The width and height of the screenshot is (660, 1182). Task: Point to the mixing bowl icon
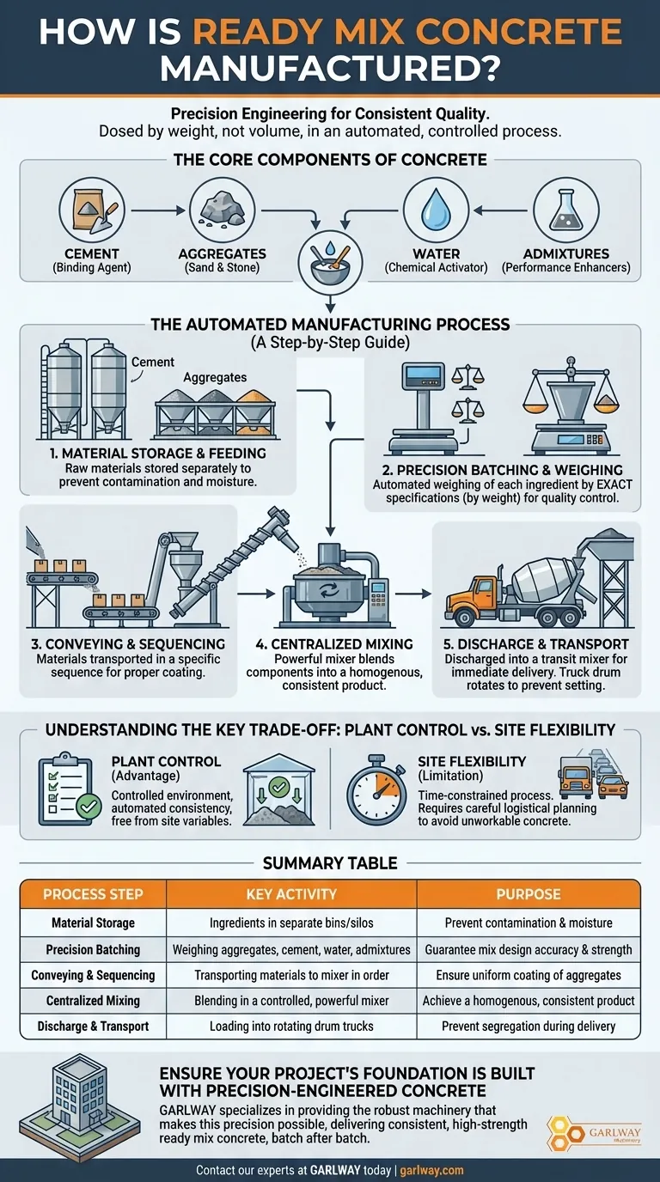click(x=329, y=257)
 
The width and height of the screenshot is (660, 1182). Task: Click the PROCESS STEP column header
click(x=93, y=894)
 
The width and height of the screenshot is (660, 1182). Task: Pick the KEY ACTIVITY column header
click(x=290, y=894)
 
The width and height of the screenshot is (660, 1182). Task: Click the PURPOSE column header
click(x=529, y=894)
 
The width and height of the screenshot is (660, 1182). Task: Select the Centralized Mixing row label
click(x=93, y=1001)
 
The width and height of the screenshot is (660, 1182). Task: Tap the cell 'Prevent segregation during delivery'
click(x=529, y=1027)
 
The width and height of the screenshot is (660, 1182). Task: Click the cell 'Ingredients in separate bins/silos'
click(x=290, y=923)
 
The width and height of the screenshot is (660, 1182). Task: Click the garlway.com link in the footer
click(x=433, y=1170)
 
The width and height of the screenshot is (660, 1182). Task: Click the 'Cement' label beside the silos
click(x=153, y=363)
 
